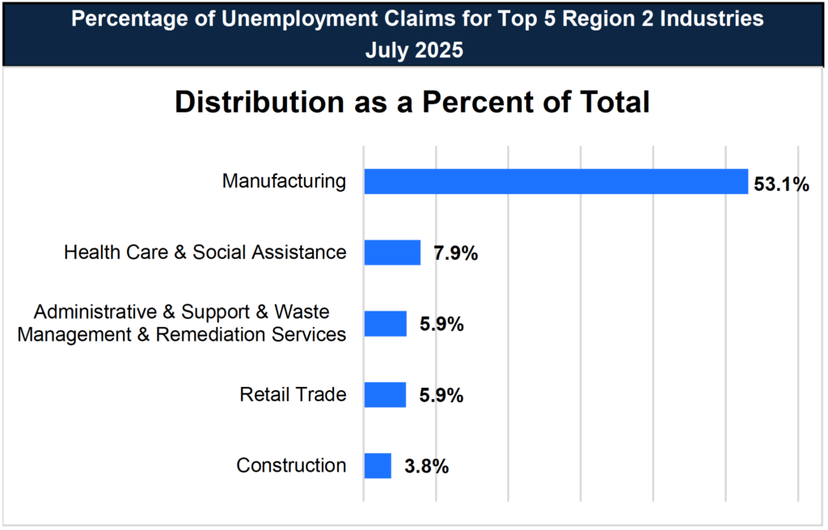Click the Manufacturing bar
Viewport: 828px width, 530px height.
556,181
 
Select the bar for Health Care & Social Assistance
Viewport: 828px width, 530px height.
392,252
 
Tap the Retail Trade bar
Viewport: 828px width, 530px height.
385,395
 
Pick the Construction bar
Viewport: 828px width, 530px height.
378,466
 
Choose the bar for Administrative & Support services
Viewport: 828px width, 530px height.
385,324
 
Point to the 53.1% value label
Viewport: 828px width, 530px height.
781,184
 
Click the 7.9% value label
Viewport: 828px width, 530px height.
455,254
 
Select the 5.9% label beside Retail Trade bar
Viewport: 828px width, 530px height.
441,396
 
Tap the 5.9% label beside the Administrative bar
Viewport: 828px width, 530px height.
441,324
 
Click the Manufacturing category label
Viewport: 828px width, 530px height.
284,181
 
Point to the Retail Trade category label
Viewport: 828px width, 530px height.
293,395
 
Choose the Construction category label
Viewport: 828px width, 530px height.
291,466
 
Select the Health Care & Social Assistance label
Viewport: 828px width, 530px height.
205,252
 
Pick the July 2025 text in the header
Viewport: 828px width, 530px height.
414,50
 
